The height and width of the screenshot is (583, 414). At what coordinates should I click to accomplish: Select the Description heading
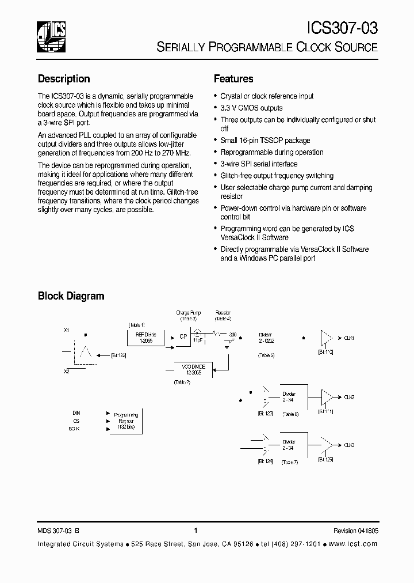click(x=64, y=79)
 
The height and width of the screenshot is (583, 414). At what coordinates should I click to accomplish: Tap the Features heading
click(x=233, y=79)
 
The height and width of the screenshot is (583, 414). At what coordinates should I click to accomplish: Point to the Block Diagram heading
click(x=71, y=296)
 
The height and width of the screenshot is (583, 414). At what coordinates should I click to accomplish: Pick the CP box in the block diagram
click(x=183, y=337)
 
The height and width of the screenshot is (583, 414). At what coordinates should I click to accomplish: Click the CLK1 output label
click(x=349, y=338)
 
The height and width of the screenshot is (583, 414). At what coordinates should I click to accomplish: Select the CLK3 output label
click(x=349, y=445)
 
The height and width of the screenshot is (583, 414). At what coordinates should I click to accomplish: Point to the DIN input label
click(x=76, y=413)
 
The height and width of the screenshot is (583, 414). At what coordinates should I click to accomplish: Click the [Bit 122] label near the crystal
click(x=118, y=355)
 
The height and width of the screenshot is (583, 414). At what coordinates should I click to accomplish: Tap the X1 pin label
click(x=67, y=330)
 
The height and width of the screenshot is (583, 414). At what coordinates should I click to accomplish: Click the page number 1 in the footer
click(x=196, y=531)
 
